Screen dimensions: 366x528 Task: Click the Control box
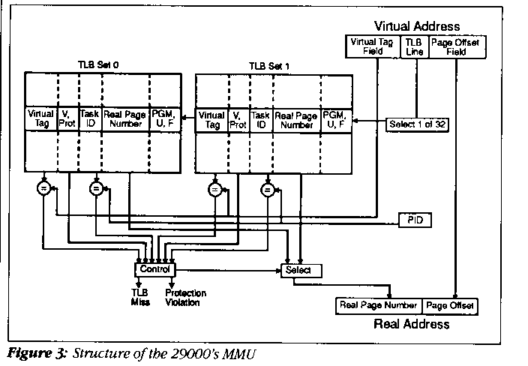click(x=154, y=268)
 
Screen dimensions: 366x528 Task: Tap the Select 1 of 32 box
click(x=418, y=124)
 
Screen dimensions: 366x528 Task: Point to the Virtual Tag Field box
click(x=373, y=46)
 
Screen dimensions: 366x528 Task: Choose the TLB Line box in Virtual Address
click(x=415, y=46)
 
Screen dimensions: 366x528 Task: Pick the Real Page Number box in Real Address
click(x=377, y=305)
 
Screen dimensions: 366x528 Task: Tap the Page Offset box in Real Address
click(x=448, y=305)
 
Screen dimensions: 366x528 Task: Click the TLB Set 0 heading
click(x=101, y=65)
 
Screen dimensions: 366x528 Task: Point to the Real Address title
click(x=411, y=324)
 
